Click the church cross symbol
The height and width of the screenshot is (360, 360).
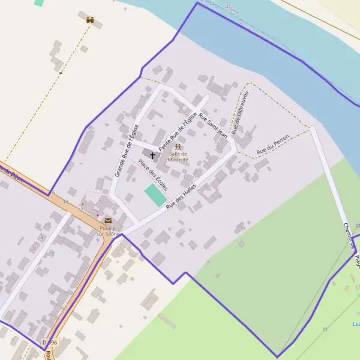point(152,155)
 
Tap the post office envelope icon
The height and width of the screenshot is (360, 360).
point(108,221)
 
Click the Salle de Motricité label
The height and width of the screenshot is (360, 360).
point(178,157)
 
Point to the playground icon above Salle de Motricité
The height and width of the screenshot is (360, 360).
point(178,147)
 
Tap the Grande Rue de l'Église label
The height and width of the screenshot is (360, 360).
point(127,150)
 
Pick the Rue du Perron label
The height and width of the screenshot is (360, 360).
point(273,144)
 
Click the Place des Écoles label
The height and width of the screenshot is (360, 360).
point(153,175)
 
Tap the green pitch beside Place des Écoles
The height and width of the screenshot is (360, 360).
point(155,196)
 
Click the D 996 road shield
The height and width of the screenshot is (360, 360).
point(50,342)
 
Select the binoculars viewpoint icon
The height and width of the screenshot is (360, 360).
point(90,20)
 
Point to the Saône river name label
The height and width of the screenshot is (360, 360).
point(231,7)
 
